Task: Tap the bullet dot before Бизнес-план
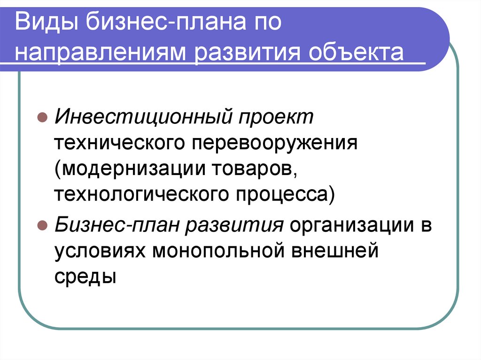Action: coord(41,226)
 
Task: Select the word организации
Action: coord(349,226)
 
